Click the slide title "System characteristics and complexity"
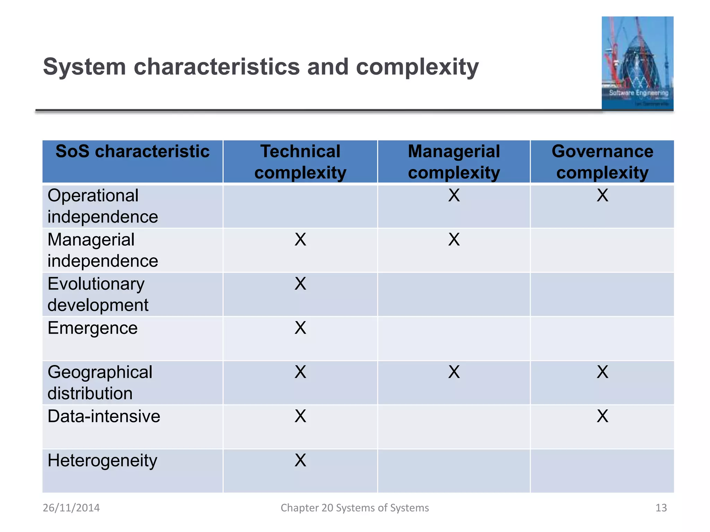(x=261, y=66)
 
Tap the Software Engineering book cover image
(x=637, y=63)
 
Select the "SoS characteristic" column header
(x=132, y=152)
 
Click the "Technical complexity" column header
(x=300, y=162)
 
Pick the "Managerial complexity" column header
(x=454, y=162)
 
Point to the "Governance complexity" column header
(x=602, y=162)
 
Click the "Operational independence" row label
(x=103, y=206)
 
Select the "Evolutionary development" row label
(x=98, y=294)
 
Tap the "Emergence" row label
(x=93, y=328)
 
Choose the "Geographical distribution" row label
(x=100, y=383)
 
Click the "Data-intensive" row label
(x=104, y=416)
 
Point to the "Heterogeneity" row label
(x=102, y=461)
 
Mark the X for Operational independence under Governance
(x=603, y=195)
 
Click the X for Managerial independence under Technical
(x=300, y=239)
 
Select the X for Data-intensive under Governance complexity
(x=603, y=416)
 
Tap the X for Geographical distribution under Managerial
(x=454, y=372)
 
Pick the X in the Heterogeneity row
(x=300, y=460)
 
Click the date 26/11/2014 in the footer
(x=71, y=508)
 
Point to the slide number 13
(x=661, y=508)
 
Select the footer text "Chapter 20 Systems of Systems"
(x=355, y=508)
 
